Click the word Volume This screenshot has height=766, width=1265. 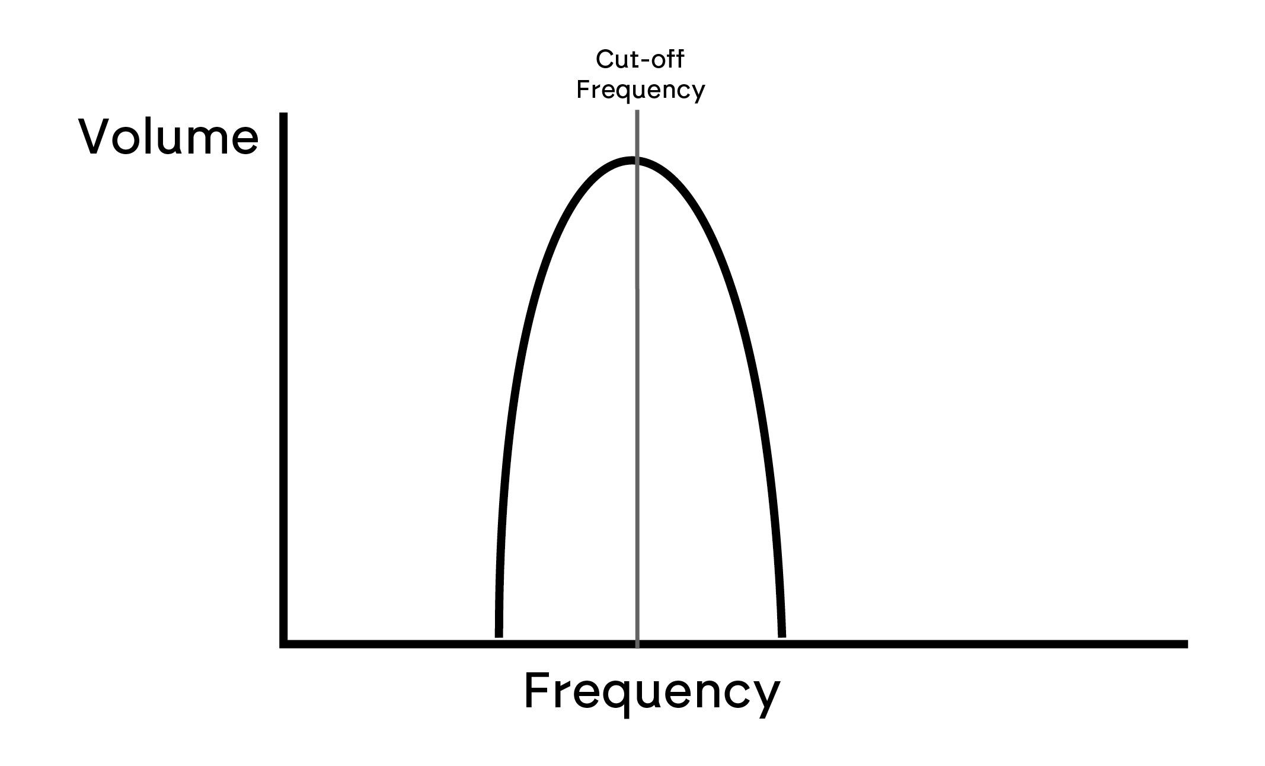point(169,137)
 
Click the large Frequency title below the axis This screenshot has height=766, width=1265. point(652,692)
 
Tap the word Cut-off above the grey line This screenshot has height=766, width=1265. point(640,59)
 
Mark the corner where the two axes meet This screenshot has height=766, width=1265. point(283,644)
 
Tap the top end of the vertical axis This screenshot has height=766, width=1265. point(283,113)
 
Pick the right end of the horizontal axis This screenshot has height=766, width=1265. point(1187,644)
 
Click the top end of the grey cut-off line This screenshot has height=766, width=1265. point(637,110)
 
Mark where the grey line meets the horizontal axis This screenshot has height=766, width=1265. point(637,644)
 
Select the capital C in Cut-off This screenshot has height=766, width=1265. point(604,60)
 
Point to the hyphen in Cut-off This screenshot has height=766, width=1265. point(648,62)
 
